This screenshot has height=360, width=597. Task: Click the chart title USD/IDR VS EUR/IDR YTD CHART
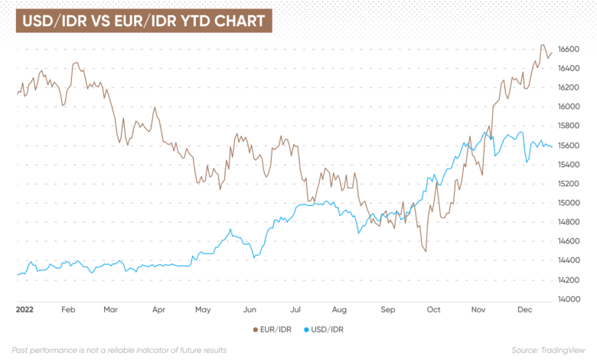[x=144, y=21]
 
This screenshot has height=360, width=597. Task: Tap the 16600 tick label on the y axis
[x=569, y=49]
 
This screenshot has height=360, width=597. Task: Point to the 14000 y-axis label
[x=569, y=299]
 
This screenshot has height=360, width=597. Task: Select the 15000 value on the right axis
[x=569, y=203]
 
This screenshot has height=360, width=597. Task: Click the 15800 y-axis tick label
[x=569, y=126]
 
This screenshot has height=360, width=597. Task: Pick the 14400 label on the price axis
[x=569, y=260]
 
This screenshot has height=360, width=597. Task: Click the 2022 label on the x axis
[x=24, y=309]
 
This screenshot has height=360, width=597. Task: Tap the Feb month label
[x=68, y=309]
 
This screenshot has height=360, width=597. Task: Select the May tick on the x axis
[x=203, y=309]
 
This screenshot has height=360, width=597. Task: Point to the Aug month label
[x=339, y=309]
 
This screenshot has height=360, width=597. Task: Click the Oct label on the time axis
[x=434, y=309]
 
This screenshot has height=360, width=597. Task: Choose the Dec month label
[x=524, y=309]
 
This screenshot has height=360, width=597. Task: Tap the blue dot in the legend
[x=306, y=330]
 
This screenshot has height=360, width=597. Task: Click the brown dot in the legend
[x=256, y=330]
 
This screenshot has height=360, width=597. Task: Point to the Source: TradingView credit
[x=548, y=350]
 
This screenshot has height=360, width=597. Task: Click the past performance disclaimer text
[x=119, y=350]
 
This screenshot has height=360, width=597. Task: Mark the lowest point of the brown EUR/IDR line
[x=426, y=251]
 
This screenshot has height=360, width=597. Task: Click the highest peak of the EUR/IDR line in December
[x=543, y=45]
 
